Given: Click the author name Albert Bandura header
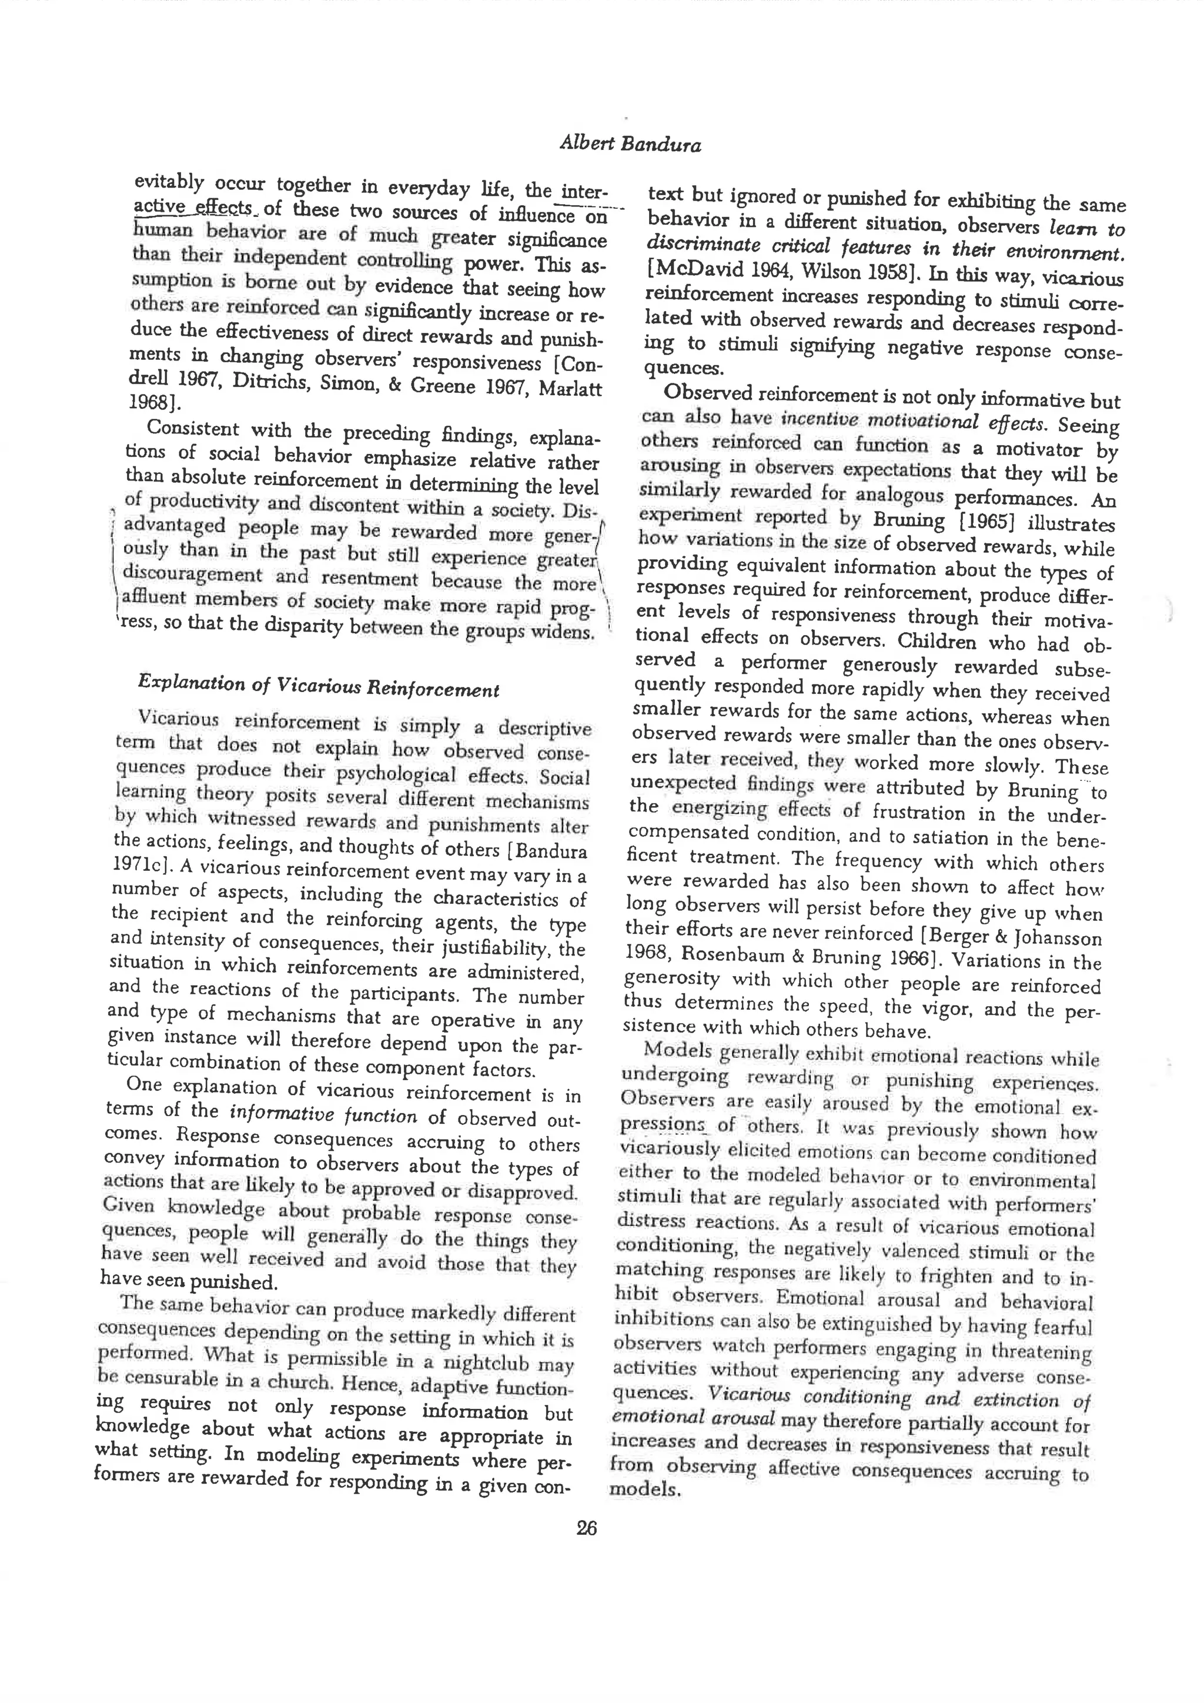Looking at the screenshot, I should tap(630, 144).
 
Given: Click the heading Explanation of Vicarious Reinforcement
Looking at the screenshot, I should tap(318, 686).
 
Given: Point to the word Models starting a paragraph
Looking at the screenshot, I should tap(678, 1051).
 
